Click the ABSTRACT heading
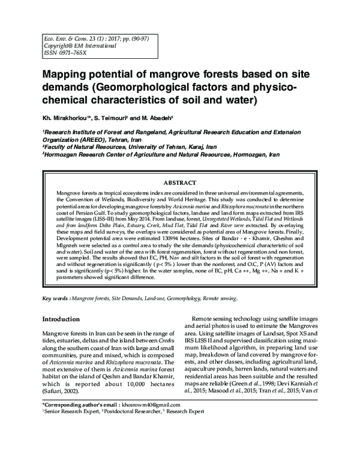pos(180,183)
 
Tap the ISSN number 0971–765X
pos(63,52)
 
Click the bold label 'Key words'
pos(55,298)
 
